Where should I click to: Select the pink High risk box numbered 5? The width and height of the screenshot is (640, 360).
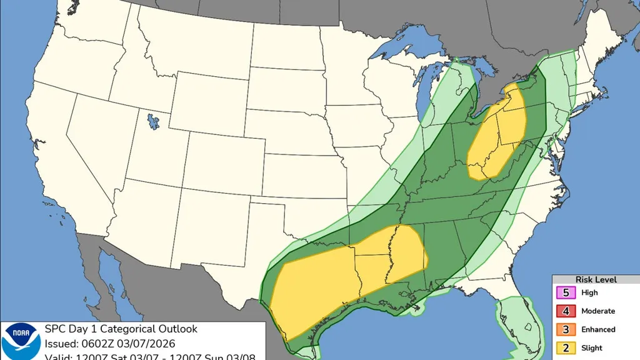click(x=566, y=292)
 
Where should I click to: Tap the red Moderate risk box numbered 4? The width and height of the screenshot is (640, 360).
click(x=566, y=311)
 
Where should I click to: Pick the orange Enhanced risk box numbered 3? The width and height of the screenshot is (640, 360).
click(x=566, y=329)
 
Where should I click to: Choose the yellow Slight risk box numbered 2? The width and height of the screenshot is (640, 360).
click(x=566, y=348)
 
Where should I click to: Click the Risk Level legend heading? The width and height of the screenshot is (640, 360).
click(x=596, y=279)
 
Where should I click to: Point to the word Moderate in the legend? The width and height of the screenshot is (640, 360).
click(x=598, y=311)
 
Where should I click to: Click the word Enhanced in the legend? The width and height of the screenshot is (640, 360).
click(x=598, y=329)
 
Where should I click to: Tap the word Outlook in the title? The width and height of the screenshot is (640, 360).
click(x=177, y=329)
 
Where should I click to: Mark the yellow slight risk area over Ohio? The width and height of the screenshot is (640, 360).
click(x=497, y=134)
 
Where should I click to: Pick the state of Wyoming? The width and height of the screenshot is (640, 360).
click(x=209, y=100)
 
